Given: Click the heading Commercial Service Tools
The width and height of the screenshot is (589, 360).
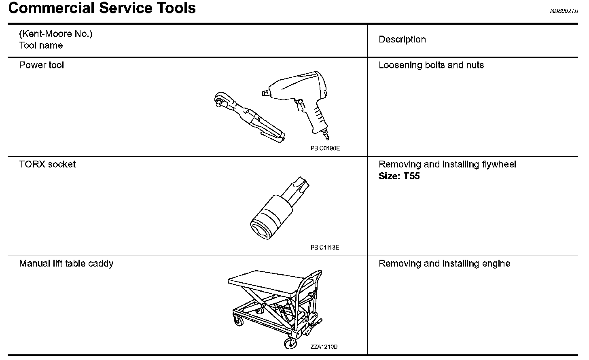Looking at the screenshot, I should pos(102,8).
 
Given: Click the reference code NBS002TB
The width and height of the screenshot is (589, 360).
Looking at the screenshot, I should pos(564,11).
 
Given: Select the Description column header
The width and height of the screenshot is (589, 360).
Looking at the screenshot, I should pos(402,40).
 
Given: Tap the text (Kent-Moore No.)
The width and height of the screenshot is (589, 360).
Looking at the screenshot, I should pos(56,34).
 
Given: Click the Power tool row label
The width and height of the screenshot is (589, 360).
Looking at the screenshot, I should pos(42,65).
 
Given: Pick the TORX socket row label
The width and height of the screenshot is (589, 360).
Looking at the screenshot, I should pos(47,164).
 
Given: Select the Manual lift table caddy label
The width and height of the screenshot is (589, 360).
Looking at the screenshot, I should pos(66,264).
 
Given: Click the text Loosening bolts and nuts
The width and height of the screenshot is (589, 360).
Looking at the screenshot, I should pos(431,65).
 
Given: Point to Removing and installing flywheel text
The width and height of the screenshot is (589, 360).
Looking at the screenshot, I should pos(447,164).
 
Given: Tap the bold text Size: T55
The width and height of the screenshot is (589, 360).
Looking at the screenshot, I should pos(399,176).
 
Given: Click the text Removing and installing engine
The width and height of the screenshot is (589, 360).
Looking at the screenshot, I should pos(445,264).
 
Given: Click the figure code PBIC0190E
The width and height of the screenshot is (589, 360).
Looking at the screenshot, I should pos(325,148).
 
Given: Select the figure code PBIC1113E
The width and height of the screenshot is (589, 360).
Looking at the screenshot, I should pos(325,248).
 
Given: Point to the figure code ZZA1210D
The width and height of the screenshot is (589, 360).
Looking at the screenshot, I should pos(324,347).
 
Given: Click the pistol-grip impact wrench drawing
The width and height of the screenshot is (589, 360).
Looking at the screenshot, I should pos(303,97).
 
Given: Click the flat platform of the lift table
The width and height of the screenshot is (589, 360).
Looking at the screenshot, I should pos(265,281).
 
